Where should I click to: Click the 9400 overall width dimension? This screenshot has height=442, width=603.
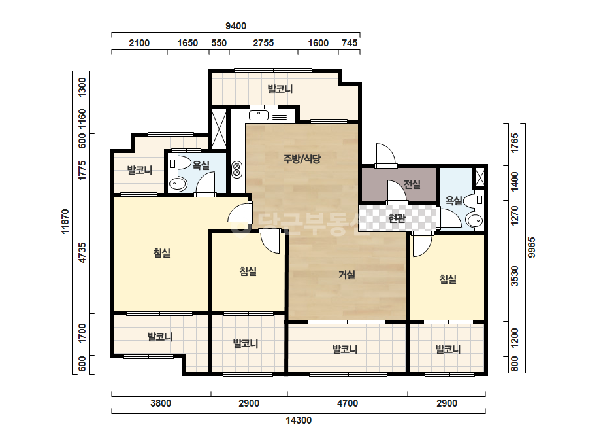(236, 25)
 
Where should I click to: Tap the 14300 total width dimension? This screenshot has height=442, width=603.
(299, 420)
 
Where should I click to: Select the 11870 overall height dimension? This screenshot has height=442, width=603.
(65, 221)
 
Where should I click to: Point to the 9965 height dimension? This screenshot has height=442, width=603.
(531, 248)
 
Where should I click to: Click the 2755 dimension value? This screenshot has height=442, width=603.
(263, 42)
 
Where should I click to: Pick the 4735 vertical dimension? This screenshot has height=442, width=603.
(82, 252)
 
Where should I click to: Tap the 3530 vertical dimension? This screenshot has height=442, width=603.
(515, 276)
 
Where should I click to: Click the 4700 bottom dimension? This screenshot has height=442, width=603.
(348, 403)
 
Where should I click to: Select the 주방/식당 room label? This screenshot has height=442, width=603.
(302, 159)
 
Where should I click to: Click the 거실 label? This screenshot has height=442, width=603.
(346, 275)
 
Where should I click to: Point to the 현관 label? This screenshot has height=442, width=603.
(397, 218)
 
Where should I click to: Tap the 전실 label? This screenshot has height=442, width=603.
(412, 184)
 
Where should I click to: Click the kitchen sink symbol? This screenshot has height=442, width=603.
(259, 115)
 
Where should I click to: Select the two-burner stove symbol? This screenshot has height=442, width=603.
(236, 169)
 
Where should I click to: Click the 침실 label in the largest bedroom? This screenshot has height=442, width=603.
(161, 253)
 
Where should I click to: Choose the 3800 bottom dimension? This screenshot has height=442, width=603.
(161, 403)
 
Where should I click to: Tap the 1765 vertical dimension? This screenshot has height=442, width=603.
(515, 143)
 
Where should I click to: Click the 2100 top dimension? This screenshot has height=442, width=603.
(139, 42)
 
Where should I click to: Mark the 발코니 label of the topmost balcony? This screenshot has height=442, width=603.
(280, 89)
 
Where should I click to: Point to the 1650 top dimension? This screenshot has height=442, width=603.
(187, 42)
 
